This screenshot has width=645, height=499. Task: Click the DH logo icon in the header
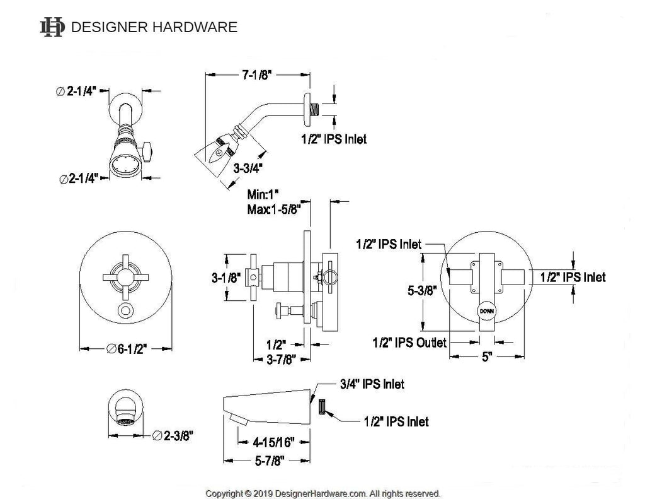click(x=52, y=27)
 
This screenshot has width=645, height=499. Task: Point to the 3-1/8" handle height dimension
click(x=224, y=278)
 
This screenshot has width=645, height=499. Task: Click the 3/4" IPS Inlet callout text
click(x=372, y=384)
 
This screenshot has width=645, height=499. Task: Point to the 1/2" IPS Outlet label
click(x=409, y=343)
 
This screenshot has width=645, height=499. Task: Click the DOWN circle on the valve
click(x=486, y=311)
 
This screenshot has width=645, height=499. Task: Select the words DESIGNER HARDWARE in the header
click(x=154, y=27)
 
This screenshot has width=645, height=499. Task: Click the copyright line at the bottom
click(x=323, y=493)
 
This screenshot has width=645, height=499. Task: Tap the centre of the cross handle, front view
click(x=126, y=276)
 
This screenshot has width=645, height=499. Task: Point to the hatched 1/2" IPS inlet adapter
click(x=321, y=408)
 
